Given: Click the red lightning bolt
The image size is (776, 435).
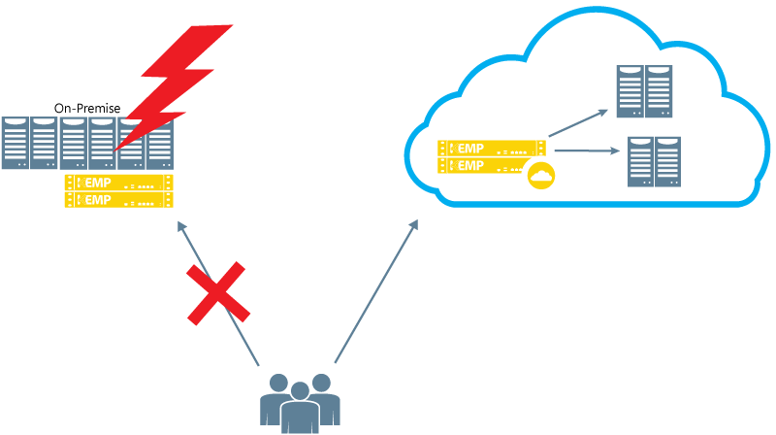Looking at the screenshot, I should click(x=179, y=83).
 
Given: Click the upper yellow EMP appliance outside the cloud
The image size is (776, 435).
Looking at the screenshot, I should click(x=119, y=183).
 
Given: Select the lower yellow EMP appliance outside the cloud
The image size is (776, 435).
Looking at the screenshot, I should click(x=119, y=199).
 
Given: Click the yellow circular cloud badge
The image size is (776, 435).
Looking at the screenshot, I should click(x=539, y=176).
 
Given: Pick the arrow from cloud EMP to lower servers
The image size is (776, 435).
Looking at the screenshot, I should click(x=586, y=151).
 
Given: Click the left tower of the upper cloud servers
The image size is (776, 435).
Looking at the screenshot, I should click(x=630, y=91).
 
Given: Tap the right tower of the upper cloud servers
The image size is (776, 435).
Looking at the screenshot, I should click(x=659, y=91).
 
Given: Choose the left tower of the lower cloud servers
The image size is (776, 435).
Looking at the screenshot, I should click(x=640, y=161).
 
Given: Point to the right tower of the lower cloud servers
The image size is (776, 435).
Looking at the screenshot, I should click(x=668, y=161).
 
